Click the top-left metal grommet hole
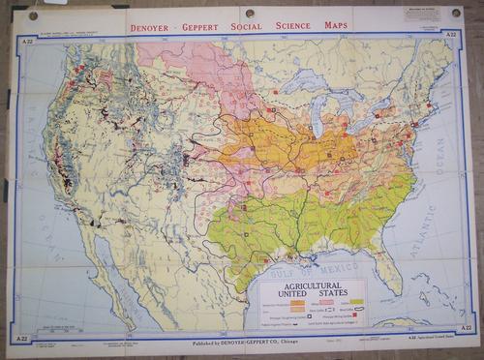33,15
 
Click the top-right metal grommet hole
456,14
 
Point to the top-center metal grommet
250,13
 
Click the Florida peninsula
390,267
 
